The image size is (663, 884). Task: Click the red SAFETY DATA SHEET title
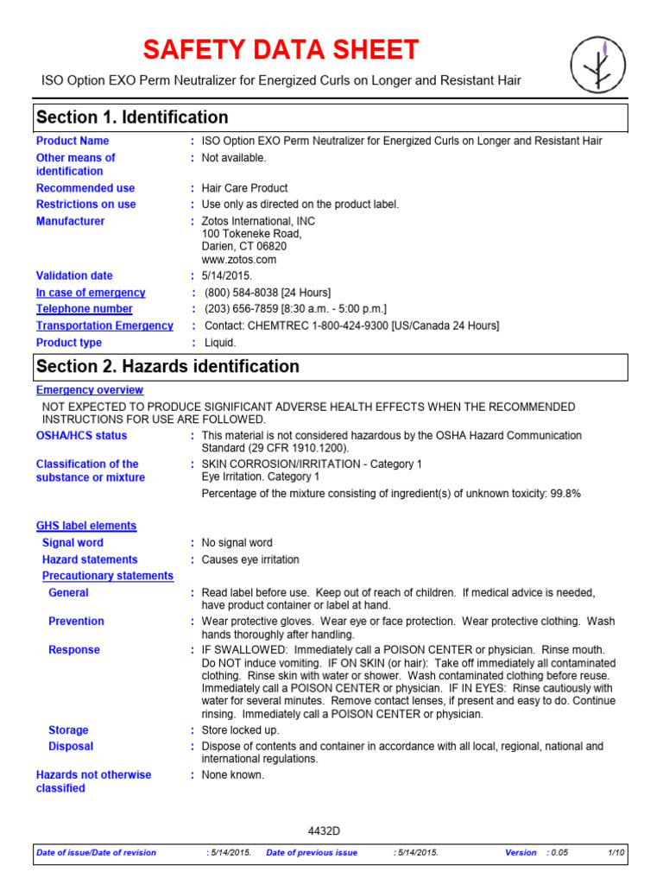point(281,50)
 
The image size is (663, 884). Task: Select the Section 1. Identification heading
point(132,117)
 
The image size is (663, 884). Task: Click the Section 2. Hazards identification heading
point(167,366)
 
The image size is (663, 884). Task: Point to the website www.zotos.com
point(239,259)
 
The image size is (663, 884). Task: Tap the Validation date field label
point(74,275)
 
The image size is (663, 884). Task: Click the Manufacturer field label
point(70,221)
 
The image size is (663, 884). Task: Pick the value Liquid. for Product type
point(218,343)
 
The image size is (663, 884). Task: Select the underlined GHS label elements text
point(86,526)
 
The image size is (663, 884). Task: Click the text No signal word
point(237,543)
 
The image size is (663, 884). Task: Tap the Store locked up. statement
point(240,730)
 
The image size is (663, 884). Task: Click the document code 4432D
point(325,831)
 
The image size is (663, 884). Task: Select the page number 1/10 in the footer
point(616,853)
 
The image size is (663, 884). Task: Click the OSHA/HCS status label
point(81,436)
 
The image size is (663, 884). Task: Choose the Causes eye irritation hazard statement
point(250,559)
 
